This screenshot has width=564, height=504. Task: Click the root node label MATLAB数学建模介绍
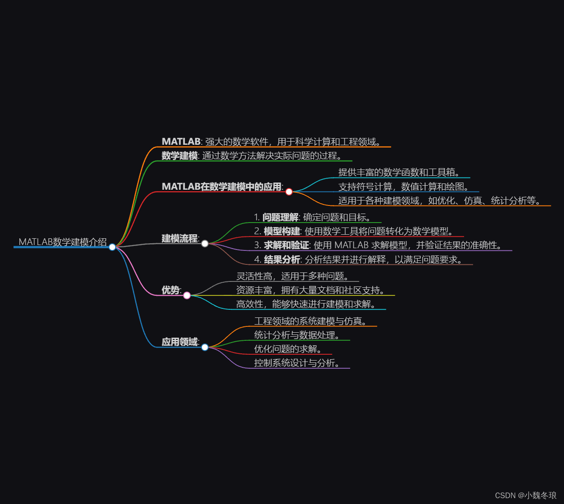[x=63, y=242]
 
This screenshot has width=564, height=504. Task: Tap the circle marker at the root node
[x=112, y=247]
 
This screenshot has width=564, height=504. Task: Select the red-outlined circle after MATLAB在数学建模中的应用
[x=289, y=192]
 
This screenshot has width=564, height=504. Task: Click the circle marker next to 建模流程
[x=205, y=244]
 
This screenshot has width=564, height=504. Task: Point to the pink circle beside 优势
[x=187, y=295]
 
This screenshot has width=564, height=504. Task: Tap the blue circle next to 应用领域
[x=205, y=347]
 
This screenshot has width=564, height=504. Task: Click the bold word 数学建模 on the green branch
[x=180, y=156]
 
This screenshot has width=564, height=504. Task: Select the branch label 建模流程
[x=180, y=238]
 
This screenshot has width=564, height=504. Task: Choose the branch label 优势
[x=171, y=290]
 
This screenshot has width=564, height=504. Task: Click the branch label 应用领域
[x=180, y=342]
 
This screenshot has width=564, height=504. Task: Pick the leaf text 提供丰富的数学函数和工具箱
[x=399, y=172]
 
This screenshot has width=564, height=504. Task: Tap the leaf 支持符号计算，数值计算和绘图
[x=403, y=187]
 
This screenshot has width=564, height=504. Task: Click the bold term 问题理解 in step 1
[x=280, y=218]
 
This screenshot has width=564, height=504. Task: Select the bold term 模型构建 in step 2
[x=282, y=232]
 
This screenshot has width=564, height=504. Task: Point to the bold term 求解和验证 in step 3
[x=286, y=245]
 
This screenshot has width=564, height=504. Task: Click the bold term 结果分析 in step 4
[x=282, y=259]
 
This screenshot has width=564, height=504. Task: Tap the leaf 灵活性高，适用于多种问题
[x=292, y=276]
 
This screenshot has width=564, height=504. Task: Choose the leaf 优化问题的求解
[x=287, y=349]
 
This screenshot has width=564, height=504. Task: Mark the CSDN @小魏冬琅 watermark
[x=525, y=495]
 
